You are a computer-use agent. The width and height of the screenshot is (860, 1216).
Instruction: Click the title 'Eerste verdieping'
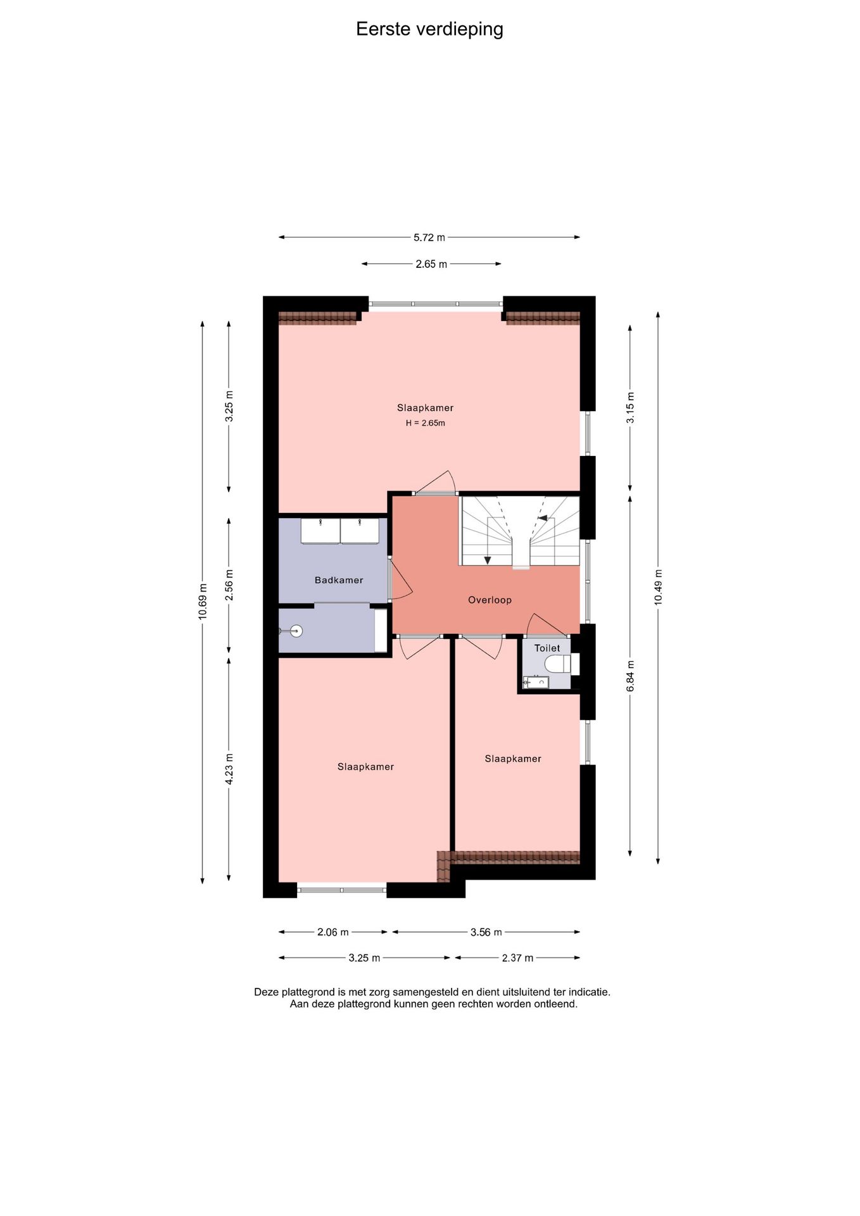pyautogui.click(x=429, y=30)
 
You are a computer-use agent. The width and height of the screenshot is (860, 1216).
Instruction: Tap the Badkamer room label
pyautogui.click(x=339, y=580)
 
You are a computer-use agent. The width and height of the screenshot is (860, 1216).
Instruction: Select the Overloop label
pyautogui.click(x=490, y=600)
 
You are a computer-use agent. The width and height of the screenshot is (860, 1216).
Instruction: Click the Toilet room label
pyautogui.click(x=547, y=648)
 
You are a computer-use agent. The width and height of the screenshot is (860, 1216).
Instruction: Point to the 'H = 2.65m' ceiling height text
pyautogui.click(x=426, y=423)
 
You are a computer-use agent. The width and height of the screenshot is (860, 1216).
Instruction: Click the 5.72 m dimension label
pyautogui.click(x=429, y=237)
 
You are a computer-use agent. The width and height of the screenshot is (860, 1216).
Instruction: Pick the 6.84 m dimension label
pyautogui.click(x=630, y=676)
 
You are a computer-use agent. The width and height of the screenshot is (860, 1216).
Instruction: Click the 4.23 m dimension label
pyautogui.click(x=229, y=769)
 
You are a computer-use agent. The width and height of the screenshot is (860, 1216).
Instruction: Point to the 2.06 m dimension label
pyautogui.click(x=333, y=932)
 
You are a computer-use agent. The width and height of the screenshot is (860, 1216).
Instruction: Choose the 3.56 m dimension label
pyautogui.click(x=486, y=932)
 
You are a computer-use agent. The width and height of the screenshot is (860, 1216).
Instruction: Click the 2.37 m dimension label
pyautogui.click(x=517, y=958)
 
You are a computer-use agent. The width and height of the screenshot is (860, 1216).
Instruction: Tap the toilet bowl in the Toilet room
pyautogui.click(x=557, y=664)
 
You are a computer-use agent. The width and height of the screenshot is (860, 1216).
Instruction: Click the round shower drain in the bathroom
pyautogui.click(x=296, y=631)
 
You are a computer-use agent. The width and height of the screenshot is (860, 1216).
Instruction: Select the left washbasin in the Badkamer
pyautogui.click(x=320, y=531)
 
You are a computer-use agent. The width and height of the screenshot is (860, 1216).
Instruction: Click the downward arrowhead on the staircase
pyautogui.click(x=487, y=560)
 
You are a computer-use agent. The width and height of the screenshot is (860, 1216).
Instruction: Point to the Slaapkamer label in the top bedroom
pyautogui.click(x=426, y=408)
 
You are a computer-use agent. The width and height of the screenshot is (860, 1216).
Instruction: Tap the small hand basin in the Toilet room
pyautogui.click(x=536, y=682)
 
